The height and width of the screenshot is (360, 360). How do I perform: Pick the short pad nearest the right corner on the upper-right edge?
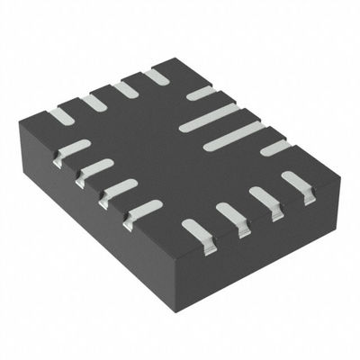(275, 148)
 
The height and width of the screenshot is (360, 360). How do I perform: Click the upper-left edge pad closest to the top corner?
(156, 76)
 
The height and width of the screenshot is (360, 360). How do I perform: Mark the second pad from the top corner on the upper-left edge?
(124, 89)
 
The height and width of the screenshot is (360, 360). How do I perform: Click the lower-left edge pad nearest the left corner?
(72, 149)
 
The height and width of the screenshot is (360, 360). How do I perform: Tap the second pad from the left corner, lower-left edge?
(95, 169)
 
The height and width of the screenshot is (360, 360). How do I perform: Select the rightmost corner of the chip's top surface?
(340, 180)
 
